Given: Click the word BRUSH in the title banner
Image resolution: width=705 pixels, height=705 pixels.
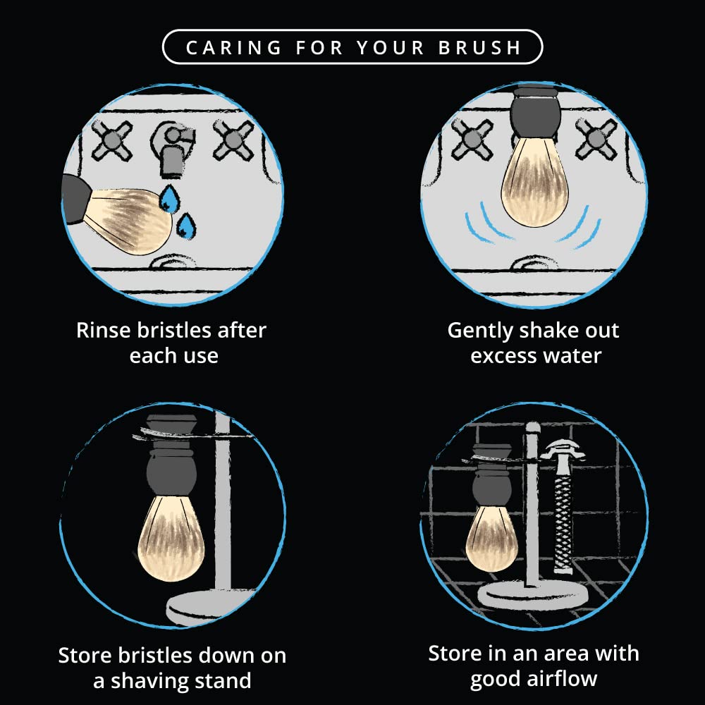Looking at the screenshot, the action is tap(479, 47).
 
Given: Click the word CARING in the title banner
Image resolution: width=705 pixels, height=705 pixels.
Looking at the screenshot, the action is tap(234, 47).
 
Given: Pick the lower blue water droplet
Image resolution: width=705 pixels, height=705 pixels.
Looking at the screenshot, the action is tap(185, 226).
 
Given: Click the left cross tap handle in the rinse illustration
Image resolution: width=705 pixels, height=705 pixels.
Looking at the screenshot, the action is tap(111, 140).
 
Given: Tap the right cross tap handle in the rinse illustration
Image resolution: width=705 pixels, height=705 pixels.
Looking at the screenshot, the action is tap(233, 140).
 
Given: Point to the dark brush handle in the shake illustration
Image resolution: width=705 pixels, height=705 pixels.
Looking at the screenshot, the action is tap(535, 112).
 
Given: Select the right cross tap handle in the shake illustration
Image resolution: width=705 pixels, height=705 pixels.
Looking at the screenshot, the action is tap(596, 139).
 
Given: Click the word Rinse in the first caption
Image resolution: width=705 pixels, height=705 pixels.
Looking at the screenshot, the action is tap(104, 330).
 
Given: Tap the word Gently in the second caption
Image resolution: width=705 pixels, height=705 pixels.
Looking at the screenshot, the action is tap(480, 331).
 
